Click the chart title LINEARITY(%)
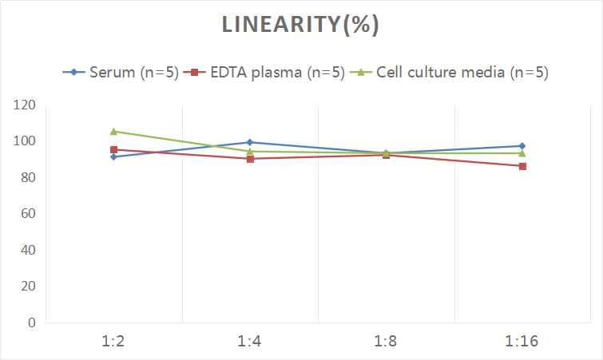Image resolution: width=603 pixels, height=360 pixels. [x=300, y=25]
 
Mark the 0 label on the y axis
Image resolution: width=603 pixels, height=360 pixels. [x=32, y=322]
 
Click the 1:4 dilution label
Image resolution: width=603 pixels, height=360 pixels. [x=250, y=342]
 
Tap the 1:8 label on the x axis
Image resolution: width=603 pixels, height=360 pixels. [x=386, y=342]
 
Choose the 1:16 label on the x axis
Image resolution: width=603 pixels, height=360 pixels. [x=522, y=342]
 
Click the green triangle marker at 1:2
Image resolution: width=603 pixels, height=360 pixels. [x=114, y=131]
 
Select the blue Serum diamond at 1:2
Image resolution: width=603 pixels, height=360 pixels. [x=114, y=156]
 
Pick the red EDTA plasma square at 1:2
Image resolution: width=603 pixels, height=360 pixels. [x=114, y=149]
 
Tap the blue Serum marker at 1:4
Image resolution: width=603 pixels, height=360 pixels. [x=250, y=142]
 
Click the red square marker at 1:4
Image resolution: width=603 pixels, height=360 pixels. [x=250, y=159]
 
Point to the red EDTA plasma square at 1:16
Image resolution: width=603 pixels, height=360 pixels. [x=522, y=166]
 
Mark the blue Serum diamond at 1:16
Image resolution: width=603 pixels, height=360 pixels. [x=522, y=146]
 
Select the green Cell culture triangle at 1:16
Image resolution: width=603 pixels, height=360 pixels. [x=522, y=153]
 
